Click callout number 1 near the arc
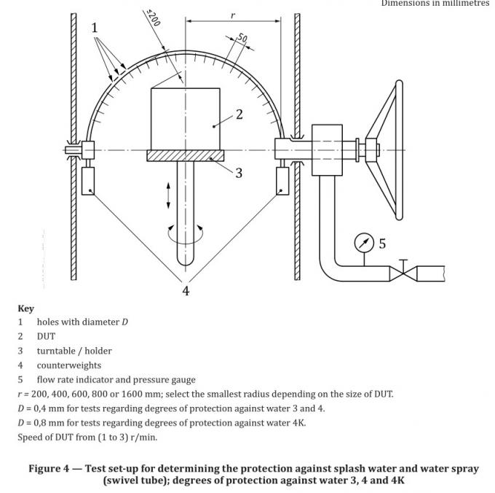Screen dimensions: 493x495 pyautogui.click(x=95, y=28)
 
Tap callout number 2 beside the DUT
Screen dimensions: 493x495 pyautogui.click(x=239, y=114)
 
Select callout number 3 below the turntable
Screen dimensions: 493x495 pyautogui.click(x=239, y=173)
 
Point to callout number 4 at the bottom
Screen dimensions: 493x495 pyautogui.click(x=186, y=290)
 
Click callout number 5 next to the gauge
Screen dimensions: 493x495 pyautogui.click(x=382, y=244)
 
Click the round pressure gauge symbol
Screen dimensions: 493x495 pyautogui.click(x=364, y=242)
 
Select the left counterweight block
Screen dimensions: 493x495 pyautogui.click(x=89, y=179)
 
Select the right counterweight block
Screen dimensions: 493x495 pyautogui.click(x=282, y=179)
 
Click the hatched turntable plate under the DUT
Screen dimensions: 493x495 pyautogui.click(x=186, y=155)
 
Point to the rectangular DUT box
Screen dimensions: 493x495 pyautogui.click(x=186, y=119)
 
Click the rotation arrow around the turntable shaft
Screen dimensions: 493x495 pyautogui.click(x=186, y=235)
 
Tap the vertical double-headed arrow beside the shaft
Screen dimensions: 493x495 pyautogui.click(x=168, y=195)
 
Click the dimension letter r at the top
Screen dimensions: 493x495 pyautogui.click(x=233, y=15)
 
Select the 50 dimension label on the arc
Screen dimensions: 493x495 pyautogui.click(x=242, y=38)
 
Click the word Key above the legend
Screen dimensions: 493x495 pyautogui.click(x=25, y=308)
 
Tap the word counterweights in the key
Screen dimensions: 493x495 pyautogui.click(x=69, y=365)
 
